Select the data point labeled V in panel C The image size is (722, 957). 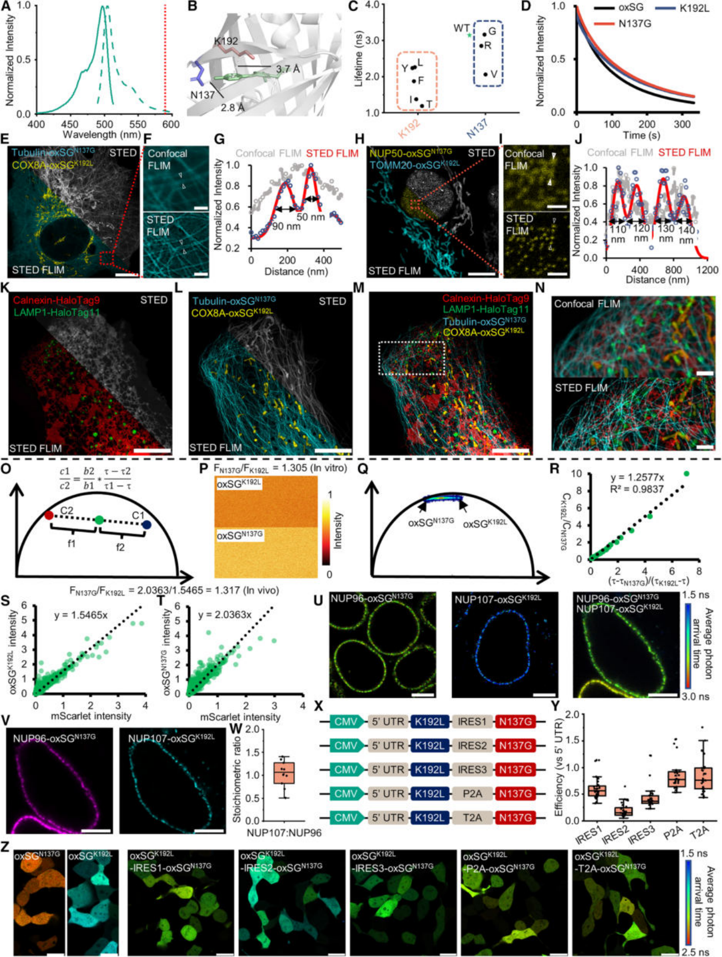485,74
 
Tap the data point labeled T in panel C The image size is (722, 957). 422,105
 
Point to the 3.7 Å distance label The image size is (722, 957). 288,69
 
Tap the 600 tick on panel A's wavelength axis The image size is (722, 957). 171,124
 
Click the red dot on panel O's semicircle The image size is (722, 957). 49,516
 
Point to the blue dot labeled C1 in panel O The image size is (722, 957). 147,525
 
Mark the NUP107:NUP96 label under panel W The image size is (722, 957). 284,833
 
